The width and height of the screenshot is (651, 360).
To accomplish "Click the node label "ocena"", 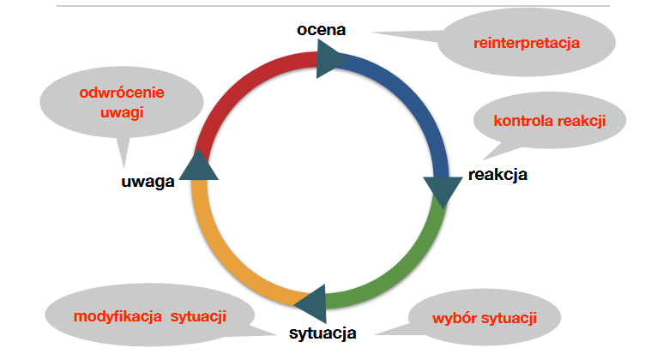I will pos(321,30).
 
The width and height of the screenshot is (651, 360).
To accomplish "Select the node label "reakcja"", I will pos(497,175).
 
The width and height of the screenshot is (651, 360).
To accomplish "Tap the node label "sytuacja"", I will pos(321,333).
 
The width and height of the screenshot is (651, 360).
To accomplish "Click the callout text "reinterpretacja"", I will pos(527,42).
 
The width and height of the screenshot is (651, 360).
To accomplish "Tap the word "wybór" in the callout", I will pos(451,319).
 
